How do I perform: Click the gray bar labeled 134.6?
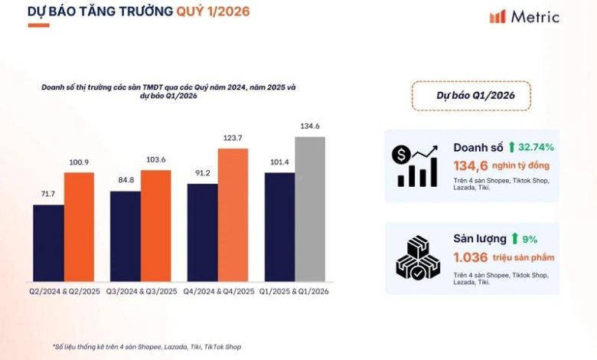pyautogui.click(x=309, y=208)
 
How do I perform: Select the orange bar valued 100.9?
pyautogui.click(x=79, y=227)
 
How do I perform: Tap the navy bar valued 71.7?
pyautogui.click(x=48, y=243)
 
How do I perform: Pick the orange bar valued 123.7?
pyautogui.click(x=233, y=214)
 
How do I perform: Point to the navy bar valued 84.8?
pyautogui.click(x=125, y=236)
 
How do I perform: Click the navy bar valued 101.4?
pyautogui.click(x=279, y=227)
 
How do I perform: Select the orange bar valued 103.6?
pyautogui.click(x=155, y=225)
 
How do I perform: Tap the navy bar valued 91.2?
pyautogui.click(x=202, y=232)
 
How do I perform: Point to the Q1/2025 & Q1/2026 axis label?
pyautogui.click(x=294, y=292)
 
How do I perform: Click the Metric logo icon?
pyautogui.click(x=497, y=16)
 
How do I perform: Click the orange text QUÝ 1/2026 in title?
pyautogui.click(x=212, y=12)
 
